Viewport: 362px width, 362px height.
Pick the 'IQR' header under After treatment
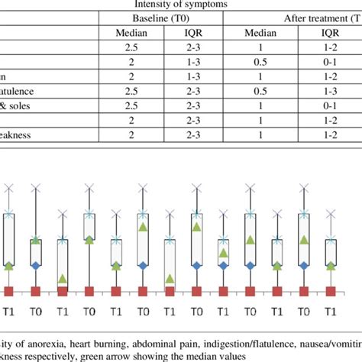[330, 34]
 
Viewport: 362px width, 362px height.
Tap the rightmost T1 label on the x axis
[329, 312]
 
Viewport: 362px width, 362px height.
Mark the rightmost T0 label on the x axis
[303, 312]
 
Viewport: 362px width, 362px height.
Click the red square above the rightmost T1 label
[330, 290]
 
